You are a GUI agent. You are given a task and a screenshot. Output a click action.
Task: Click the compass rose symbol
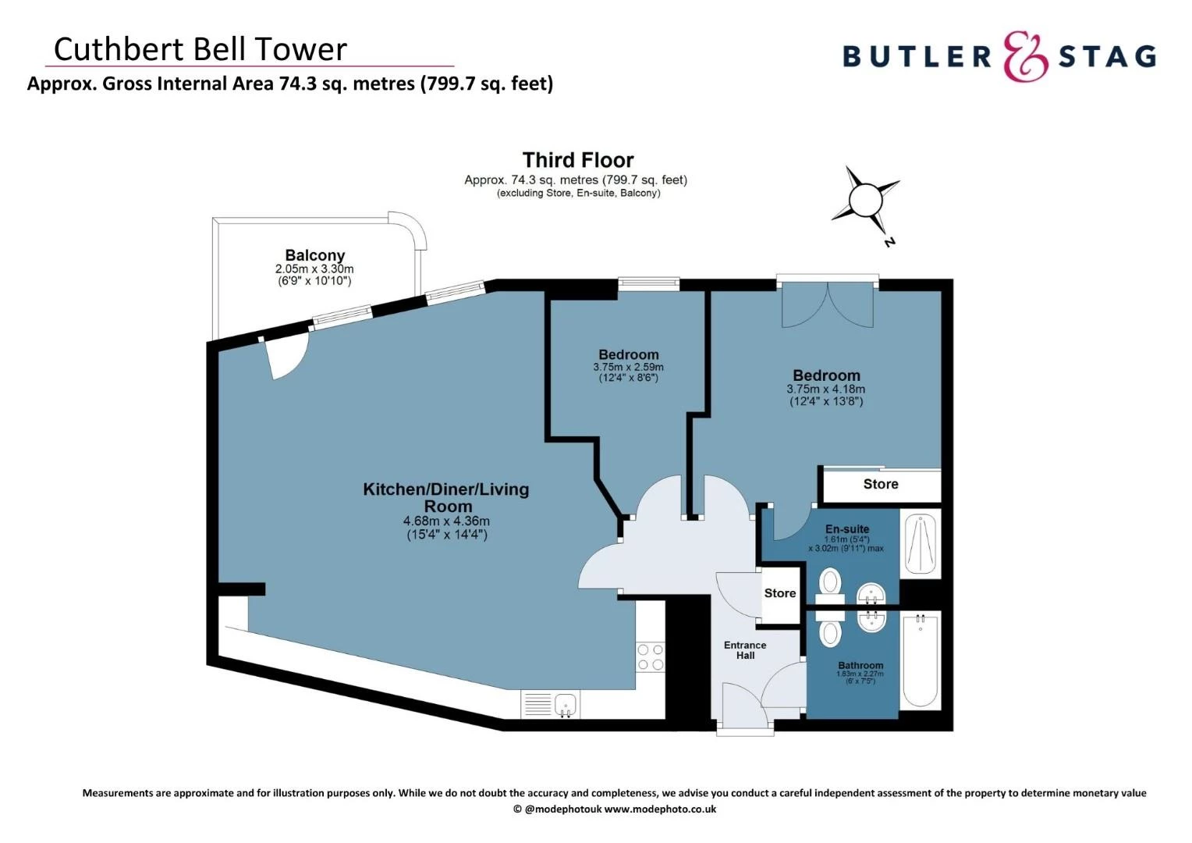pyautogui.click(x=864, y=200)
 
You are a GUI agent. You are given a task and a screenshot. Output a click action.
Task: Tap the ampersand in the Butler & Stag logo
pyautogui.click(x=1024, y=57)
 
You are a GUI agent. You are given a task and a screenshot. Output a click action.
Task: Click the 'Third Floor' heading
pyautogui.click(x=577, y=160)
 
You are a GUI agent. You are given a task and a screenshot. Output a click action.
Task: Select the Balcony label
pyautogui.click(x=314, y=255)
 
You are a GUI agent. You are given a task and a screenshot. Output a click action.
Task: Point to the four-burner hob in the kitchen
pyautogui.click(x=650, y=656)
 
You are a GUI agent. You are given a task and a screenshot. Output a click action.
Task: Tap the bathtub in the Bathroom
pyautogui.click(x=921, y=660)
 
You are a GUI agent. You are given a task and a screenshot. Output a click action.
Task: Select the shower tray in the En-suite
pyautogui.click(x=921, y=543)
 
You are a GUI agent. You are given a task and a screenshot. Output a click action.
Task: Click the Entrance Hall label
pyautogui.click(x=745, y=650)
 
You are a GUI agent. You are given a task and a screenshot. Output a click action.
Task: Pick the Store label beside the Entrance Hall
pyautogui.click(x=779, y=593)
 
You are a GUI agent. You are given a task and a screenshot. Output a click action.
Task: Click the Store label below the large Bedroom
pyautogui.click(x=880, y=484)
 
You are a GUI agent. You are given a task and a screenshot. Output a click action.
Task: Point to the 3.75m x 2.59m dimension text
pyautogui.click(x=628, y=367)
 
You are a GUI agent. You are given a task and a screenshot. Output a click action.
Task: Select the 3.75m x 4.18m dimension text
pyautogui.click(x=825, y=389)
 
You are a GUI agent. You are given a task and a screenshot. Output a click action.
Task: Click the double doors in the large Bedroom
pyautogui.click(x=828, y=305)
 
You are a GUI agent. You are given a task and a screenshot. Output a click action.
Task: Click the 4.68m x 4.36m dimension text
pyautogui.click(x=446, y=521)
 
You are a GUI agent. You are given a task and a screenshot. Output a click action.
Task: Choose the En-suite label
pyautogui.click(x=846, y=529)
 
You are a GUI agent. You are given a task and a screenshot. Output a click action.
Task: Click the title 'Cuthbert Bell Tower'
pyautogui.click(x=200, y=49)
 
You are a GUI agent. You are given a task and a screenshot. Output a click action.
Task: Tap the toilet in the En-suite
pyautogui.click(x=830, y=582)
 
